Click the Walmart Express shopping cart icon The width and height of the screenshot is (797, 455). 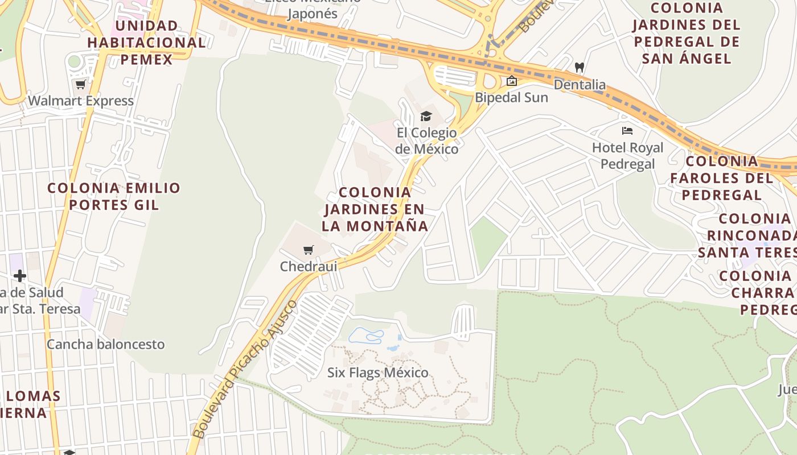(x=80, y=85)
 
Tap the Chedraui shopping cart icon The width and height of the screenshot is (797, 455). (x=309, y=250)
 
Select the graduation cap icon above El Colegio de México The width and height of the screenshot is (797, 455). (x=426, y=117)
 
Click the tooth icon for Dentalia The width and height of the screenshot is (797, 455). (x=580, y=68)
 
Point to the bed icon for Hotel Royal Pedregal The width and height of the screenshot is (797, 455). (x=627, y=131)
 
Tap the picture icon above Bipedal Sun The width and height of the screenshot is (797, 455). (x=511, y=81)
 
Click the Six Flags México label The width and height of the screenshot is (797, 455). (x=377, y=373)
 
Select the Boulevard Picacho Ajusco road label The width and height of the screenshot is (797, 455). (x=244, y=370)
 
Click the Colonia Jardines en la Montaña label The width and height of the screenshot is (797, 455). (x=375, y=209)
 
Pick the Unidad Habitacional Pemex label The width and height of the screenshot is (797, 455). (x=146, y=43)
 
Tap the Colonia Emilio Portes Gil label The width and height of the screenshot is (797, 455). (x=114, y=196)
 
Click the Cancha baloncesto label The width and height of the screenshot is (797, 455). (x=105, y=344)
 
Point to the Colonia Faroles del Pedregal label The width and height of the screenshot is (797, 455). (x=721, y=177)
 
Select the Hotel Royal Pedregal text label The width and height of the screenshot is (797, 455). (x=627, y=156)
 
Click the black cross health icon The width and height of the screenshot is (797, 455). (x=20, y=276)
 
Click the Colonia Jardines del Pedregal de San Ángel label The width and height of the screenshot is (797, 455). (x=686, y=33)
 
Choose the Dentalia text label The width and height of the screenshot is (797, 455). (x=580, y=85)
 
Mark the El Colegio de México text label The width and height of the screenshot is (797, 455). (x=427, y=141)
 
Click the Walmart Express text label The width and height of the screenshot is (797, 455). (x=80, y=101)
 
